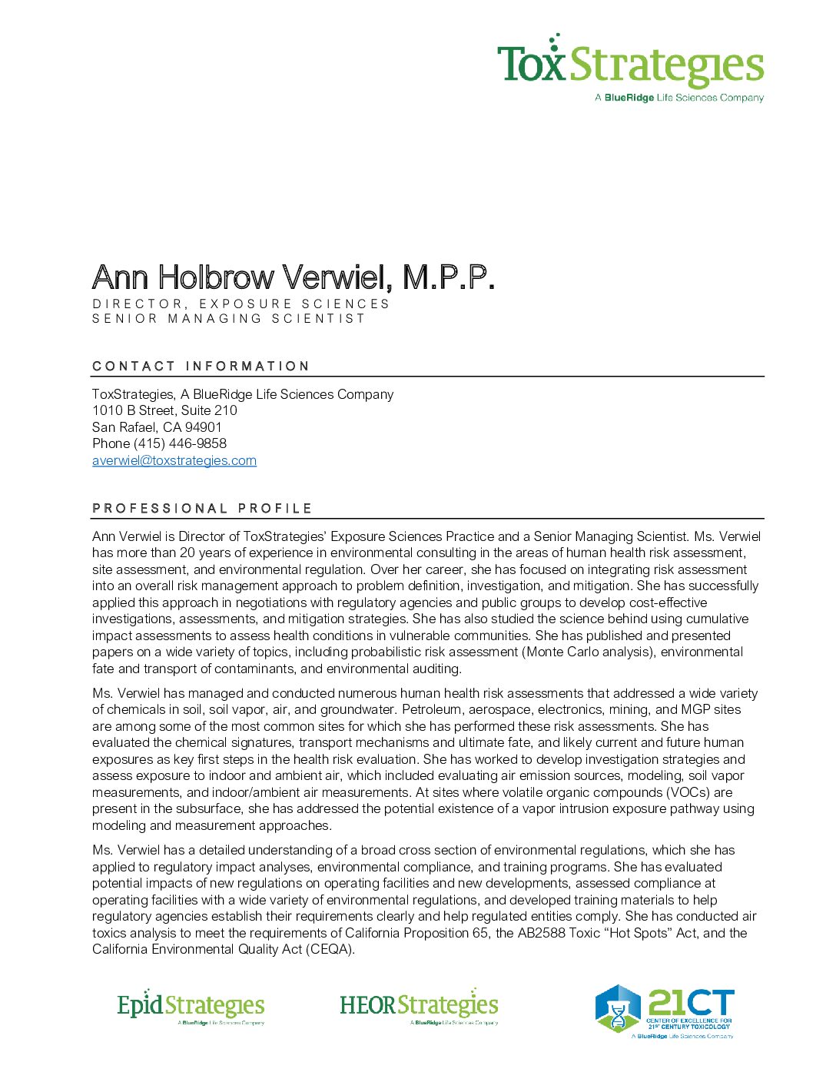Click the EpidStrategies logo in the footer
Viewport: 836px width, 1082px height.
pos(191,1006)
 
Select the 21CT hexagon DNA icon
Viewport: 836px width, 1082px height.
pos(618,1008)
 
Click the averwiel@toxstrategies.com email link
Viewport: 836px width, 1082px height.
pos(174,460)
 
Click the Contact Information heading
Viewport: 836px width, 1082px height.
pos(201,366)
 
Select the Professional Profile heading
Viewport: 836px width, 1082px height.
pos(202,508)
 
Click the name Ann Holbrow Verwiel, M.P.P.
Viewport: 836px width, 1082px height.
pos(293,277)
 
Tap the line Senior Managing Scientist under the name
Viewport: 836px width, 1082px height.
pos(229,318)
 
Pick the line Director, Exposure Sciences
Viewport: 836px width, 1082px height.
pos(241,304)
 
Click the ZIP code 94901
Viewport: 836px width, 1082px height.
pos(203,427)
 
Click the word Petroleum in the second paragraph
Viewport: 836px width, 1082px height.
pos(432,709)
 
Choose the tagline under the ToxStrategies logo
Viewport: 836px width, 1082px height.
pos(679,98)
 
